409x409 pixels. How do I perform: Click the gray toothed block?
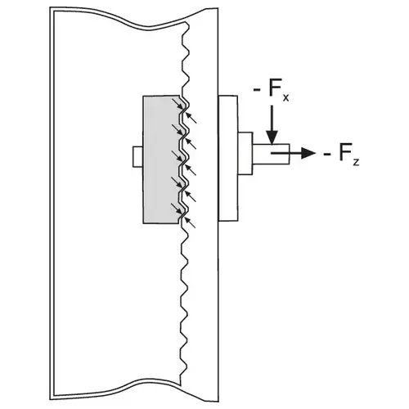pyautogui.click(x=161, y=160)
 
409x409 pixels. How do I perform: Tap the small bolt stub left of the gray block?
pyautogui.click(x=137, y=157)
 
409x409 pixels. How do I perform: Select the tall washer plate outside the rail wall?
pyautogui.click(x=228, y=158)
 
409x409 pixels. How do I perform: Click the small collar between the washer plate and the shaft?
pyautogui.click(x=245, y=154)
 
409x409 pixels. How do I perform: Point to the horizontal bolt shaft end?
pyautogui.click(x=271, y=154)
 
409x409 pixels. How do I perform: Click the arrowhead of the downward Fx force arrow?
pyautogui.click(x=272, y=137)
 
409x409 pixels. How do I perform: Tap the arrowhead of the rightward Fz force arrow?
pyautogui.click(x=308, y=153)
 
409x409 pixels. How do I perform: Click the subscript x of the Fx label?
pyautogui.click(x=285, y=97)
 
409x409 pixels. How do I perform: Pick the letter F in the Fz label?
pyautogui.click(x=345, y=151)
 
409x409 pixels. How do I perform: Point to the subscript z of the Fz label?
pyautogui.click(x=356, y=162)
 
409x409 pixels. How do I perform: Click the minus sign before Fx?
pyautogui.click(x=257, y=90)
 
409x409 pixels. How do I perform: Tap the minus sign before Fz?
pyautogui.click(x=327, y=155)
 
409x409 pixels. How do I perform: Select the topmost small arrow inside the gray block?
pyautogui.click(x=178, y=105)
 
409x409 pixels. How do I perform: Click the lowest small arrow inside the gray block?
pyautogui.click(x=177, y=209)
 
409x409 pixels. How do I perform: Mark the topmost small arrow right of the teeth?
pyautogui.click(x=191, y=118)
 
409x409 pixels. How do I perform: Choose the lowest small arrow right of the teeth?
pyautogui.click(x=191, y=222)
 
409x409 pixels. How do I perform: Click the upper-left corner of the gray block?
pyautogui.click(x=143, y=96)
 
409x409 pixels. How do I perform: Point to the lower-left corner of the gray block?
pyautogui.click(x=143, y=223)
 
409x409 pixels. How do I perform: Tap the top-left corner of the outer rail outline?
pyautogui.click(x=50, y=7)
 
